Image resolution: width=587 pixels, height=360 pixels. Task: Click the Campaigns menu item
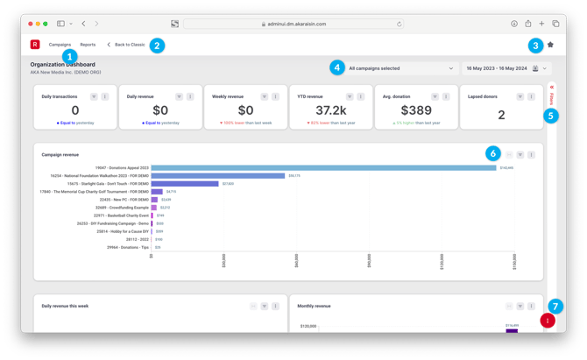click(60, 45)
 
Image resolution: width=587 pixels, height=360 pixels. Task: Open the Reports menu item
click(88, 45)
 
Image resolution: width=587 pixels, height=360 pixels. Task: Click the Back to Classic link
click(127, 45)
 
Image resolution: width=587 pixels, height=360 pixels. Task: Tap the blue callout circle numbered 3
click(535, 46)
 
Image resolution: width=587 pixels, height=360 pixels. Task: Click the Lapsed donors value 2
click(501, 114)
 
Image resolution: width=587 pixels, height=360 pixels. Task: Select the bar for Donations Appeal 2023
click(323, 167)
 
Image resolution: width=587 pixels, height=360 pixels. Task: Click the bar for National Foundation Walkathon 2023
click(218, 176)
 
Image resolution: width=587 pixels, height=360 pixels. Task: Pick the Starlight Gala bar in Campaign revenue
click(185, 184)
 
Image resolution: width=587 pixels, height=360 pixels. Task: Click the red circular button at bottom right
click(548, 321)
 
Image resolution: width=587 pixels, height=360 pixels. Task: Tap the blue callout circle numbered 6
click(493, 153)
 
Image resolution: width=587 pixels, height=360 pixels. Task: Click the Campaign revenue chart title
click(60, 155)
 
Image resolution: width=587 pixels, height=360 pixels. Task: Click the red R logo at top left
click(35, 45)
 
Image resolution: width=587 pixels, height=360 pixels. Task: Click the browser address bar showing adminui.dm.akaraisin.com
click(293, 25)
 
